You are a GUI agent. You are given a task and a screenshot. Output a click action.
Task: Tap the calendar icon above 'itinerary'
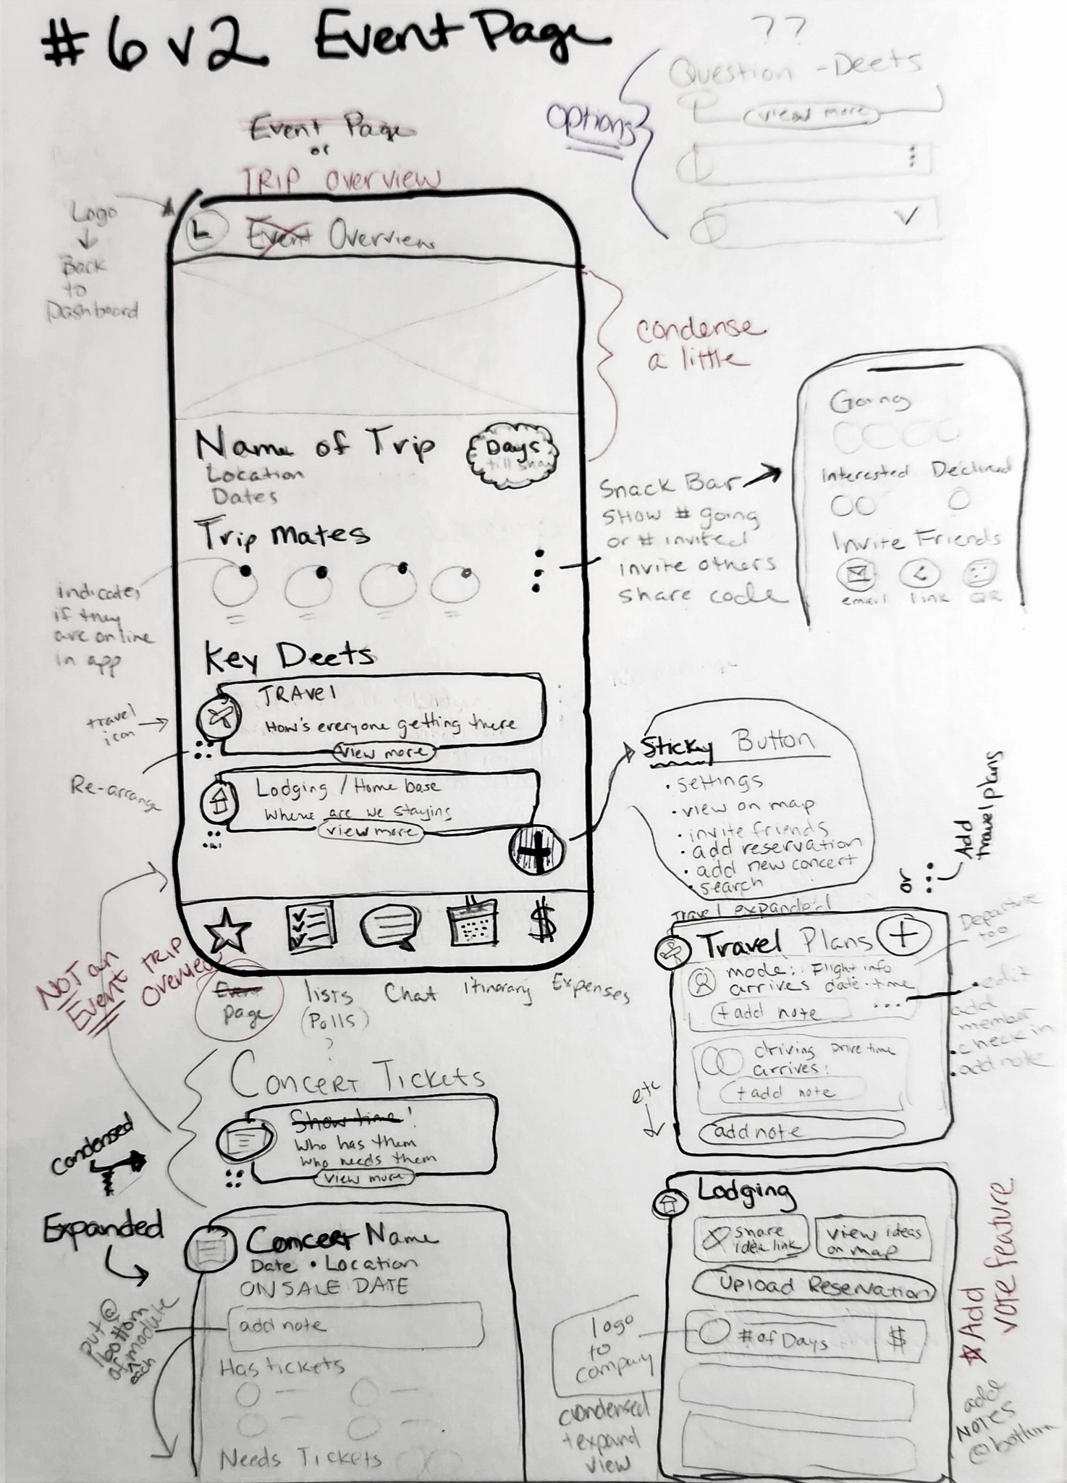[x=473, y=923]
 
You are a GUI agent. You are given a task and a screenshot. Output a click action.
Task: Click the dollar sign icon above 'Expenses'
[x=543, y=922]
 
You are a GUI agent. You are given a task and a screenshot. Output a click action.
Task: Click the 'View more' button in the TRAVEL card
[x=384, y=752]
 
